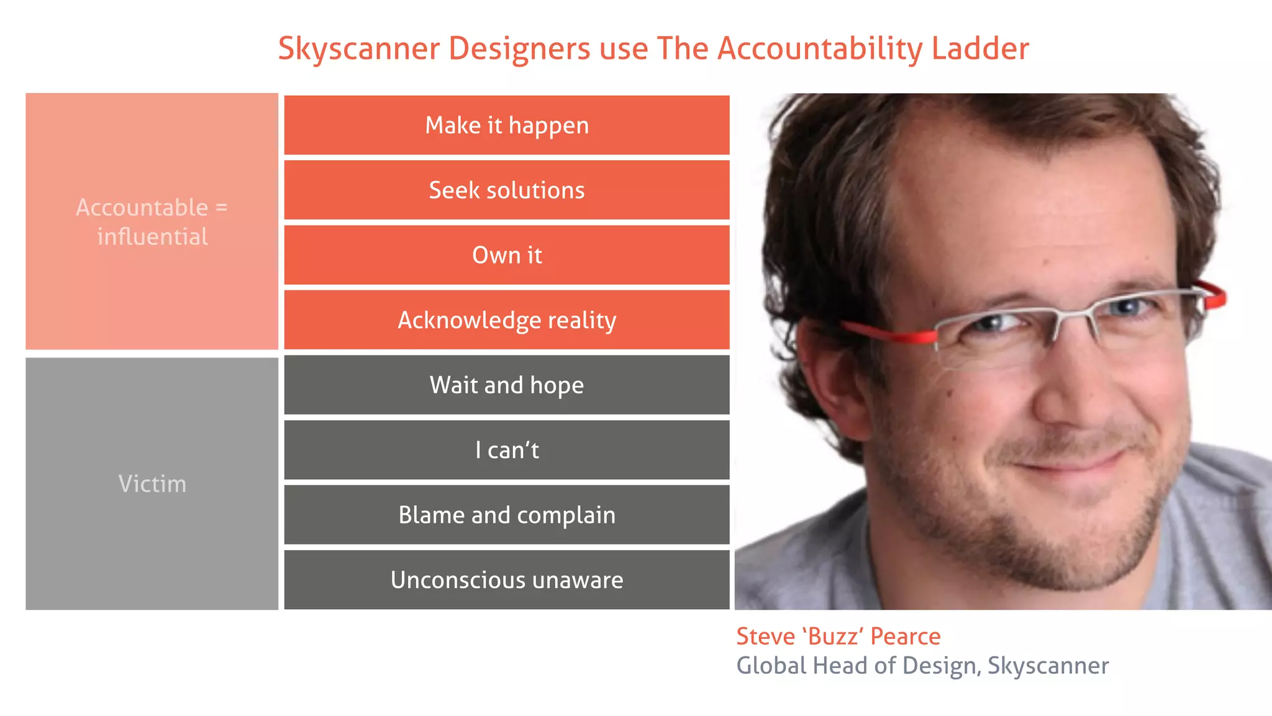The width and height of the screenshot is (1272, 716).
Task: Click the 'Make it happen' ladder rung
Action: (507, 125)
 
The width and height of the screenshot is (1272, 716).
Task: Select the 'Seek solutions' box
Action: (507, 190)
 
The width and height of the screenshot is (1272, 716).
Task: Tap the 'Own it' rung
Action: (507, 255)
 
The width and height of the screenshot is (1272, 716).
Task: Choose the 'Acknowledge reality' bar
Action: (507, 320)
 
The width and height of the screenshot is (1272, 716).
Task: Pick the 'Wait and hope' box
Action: (507, 385)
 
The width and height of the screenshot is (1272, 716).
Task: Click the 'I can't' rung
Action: (507, 450)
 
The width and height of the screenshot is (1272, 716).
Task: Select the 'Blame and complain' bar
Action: (507, 515)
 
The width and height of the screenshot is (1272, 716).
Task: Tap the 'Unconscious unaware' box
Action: (507, 580)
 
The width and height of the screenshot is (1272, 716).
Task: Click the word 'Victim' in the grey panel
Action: (152, 484)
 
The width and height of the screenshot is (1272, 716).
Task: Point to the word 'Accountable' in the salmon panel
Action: (142, 208)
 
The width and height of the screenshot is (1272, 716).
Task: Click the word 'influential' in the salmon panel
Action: (152, 237)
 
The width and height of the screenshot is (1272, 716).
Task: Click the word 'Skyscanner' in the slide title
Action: (359, 48)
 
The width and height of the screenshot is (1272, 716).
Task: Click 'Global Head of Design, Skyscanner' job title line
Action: (922, 666)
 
